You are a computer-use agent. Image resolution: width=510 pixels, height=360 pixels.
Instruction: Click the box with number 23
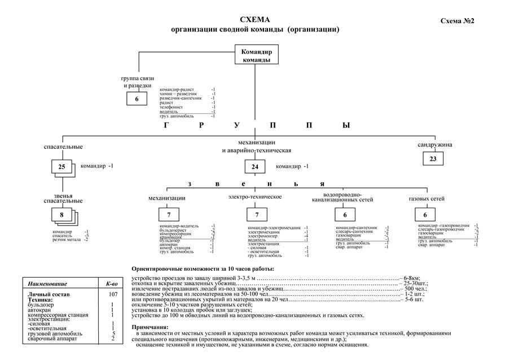(433, 159)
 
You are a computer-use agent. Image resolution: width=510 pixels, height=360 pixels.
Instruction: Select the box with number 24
(254, 166)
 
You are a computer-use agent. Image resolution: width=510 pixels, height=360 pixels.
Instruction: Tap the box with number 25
(61, 166)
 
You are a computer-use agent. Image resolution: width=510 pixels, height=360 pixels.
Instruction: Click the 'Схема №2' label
(456, 21)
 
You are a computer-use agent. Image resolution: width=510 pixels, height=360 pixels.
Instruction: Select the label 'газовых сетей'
(427, 199)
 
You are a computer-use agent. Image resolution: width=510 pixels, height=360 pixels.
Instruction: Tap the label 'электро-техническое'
(254, 197)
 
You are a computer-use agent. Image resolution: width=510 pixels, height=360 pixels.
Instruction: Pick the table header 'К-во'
(112, 283)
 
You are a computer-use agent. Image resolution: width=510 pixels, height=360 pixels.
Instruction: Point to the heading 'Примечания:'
(150, 327)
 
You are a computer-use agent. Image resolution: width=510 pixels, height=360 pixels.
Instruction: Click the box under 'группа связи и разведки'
(137, 99)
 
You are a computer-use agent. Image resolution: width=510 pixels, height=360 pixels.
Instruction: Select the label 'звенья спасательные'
(63, 198)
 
